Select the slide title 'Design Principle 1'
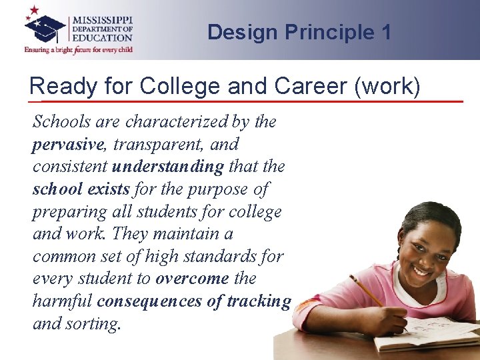[x=299, y=32]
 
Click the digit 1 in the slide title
[x=385, y=32]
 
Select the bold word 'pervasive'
[x=68, y=144]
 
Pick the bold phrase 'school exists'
[x=81, y=189]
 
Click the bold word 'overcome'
[x=192, y=278]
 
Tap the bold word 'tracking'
[x=259, y=301]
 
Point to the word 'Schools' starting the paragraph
[x=61, y=121]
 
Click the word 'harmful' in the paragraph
[x=62, y=301]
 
